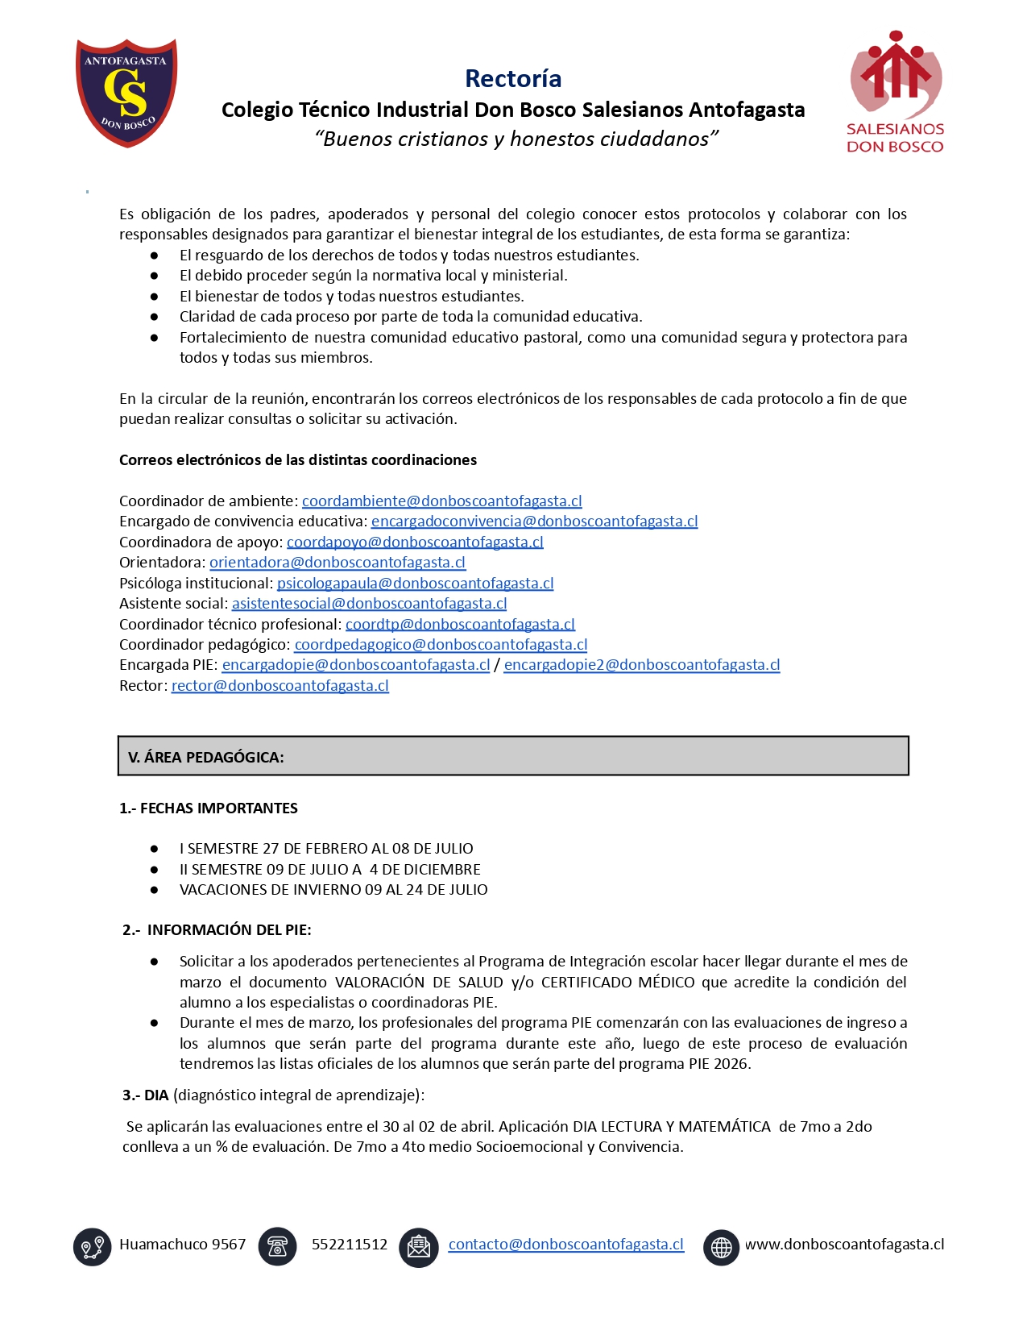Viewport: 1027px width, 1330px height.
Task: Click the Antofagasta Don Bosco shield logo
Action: click(126, 92)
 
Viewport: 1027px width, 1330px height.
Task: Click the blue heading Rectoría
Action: click(513, 78)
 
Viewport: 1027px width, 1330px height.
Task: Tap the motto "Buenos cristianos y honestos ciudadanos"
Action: click(516, 139)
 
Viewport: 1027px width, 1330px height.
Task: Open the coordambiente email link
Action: click(441, 501)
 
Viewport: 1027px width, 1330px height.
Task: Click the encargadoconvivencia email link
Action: click(534, 521)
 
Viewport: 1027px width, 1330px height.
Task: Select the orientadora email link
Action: click(338, 562)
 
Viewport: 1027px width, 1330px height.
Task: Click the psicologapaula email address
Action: click(415, 583)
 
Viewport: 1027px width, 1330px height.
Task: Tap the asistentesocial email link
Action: click(369, 603)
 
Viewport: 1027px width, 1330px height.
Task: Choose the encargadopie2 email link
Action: click(641, 664)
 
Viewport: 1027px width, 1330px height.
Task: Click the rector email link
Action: click(280, 685)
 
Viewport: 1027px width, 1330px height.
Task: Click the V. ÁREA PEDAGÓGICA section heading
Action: click(206, 757)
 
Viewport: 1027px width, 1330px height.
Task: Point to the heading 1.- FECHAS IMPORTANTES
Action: click(209, 808)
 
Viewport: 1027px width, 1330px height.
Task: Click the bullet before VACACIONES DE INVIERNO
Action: click(154, 890)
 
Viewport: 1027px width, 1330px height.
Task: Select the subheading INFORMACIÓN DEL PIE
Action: click(229, 929)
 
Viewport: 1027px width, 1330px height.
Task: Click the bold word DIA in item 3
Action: click(156, 1095)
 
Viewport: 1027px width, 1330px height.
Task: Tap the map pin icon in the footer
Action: click(92, 1246)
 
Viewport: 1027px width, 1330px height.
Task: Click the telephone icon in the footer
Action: click(277, 1246)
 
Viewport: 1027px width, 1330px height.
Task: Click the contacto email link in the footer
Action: click(565, 1244)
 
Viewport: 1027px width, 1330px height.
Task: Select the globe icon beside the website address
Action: click(721, 1247)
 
